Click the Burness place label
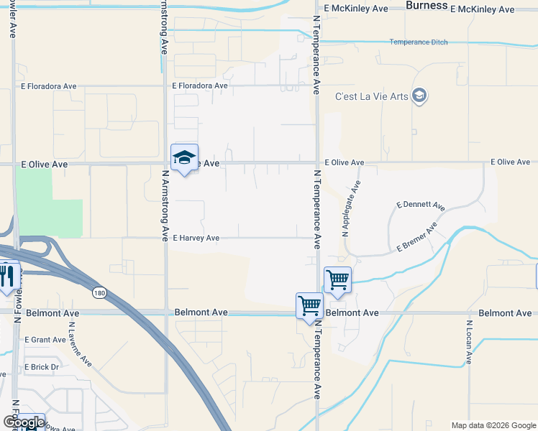coord(427,6)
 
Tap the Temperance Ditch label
coord(419,42)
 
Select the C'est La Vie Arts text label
coord(372,96)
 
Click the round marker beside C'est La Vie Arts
coord(420,96)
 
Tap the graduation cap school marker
coord(184,158)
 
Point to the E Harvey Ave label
coord(196,238)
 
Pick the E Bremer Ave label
coord(416,238)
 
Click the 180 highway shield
coord(99,292)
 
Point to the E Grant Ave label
coord(45,340)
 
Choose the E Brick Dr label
coord(40,367)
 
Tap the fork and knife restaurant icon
coord(6,277)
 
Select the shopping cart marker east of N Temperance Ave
coord(337,279)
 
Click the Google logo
coord(23,422)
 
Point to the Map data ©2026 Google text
coord(493,425)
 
